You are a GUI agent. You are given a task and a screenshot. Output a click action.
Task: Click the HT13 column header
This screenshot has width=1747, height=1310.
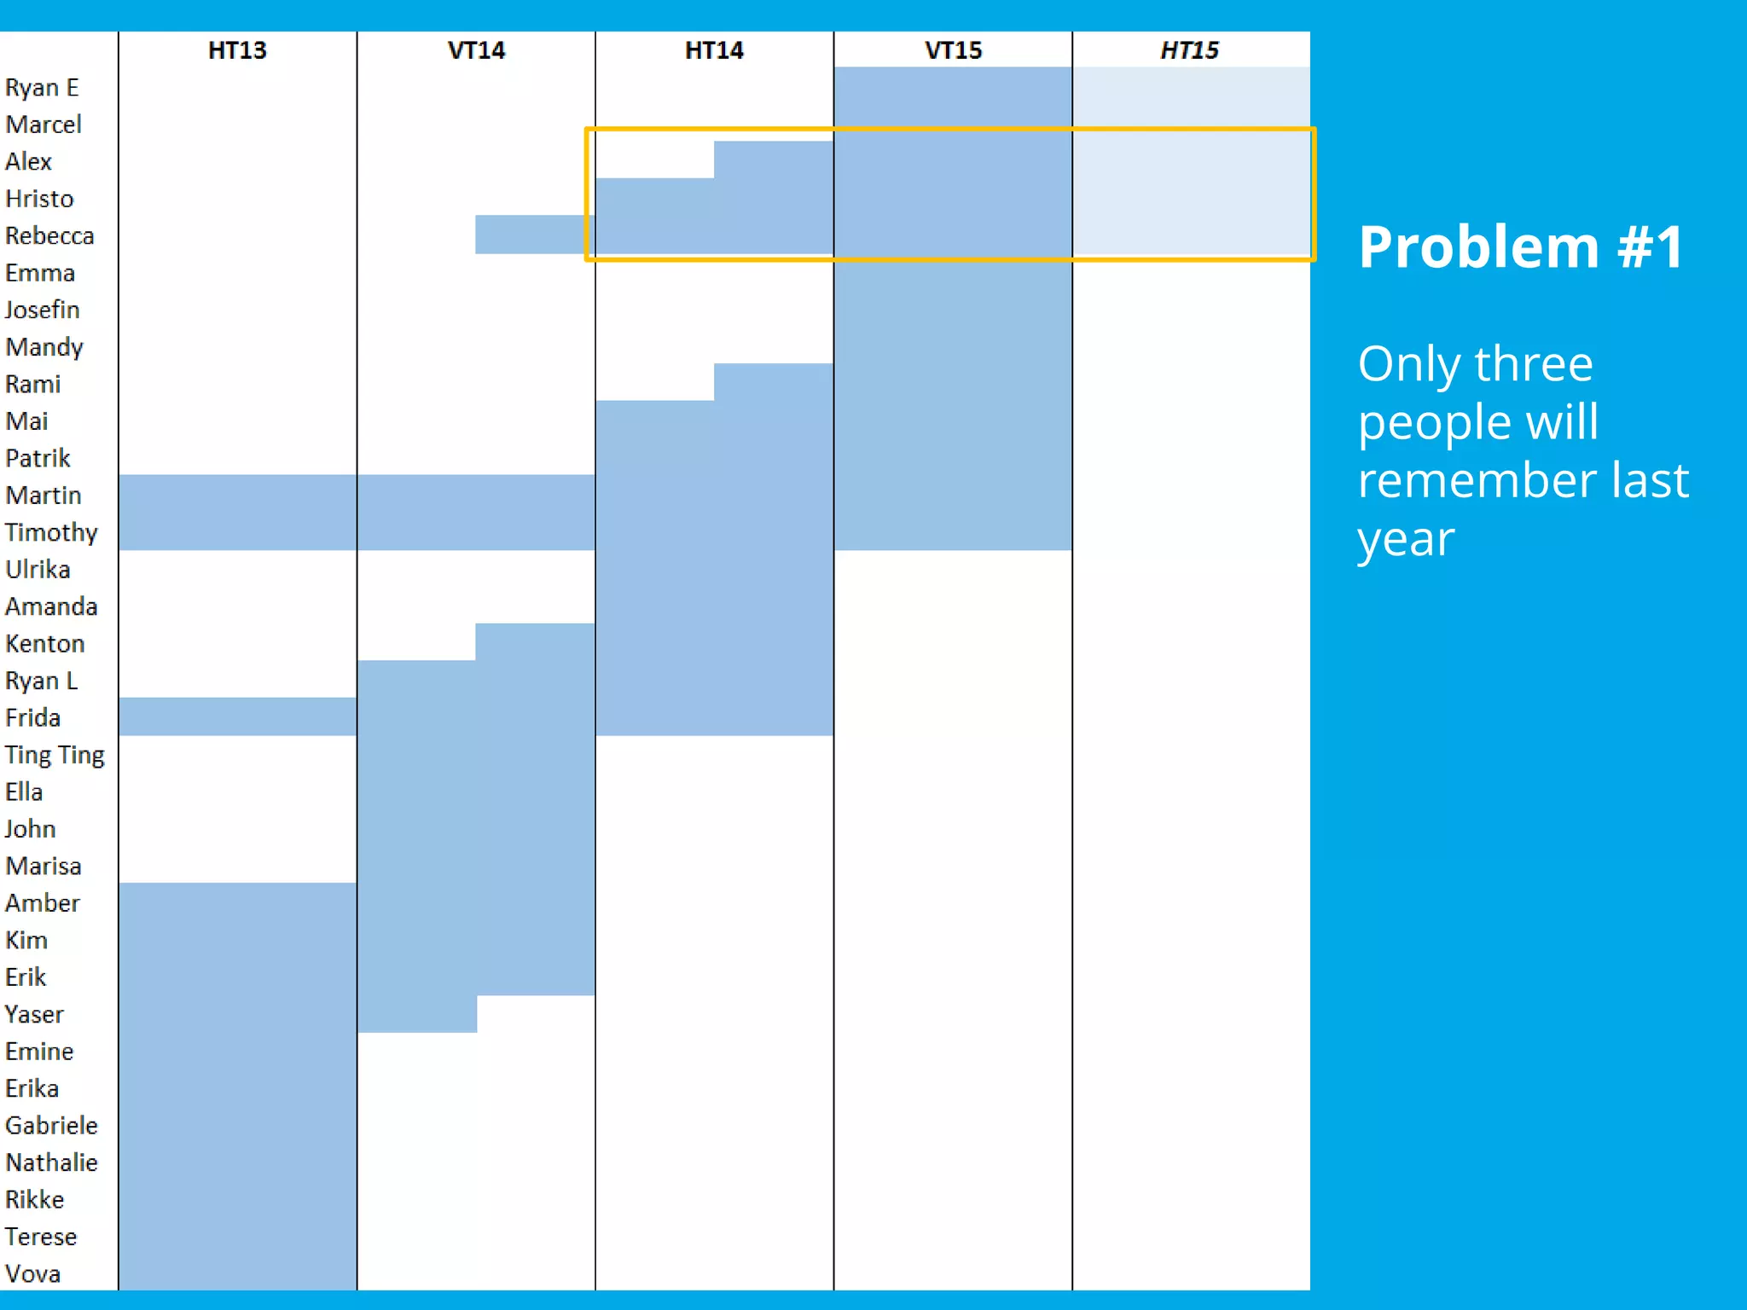[x=237, y=50]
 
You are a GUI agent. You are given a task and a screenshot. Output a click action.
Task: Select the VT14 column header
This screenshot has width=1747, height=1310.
[x=476, y=50]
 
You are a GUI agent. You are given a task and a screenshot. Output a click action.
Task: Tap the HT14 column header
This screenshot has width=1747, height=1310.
[x=714, y=50]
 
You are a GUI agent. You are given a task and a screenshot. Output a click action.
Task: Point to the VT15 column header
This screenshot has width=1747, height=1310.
[x=953, y=50]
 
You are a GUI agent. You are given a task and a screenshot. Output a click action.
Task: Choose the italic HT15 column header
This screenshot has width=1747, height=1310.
[x=1189, y=50]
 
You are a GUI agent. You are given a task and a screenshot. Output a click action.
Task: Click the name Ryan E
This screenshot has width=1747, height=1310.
[x=42, y=88]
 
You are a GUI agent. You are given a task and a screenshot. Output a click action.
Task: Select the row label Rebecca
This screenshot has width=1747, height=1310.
[x=49, y=236]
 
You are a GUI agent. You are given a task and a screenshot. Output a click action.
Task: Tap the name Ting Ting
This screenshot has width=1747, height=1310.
[x=55, y=756]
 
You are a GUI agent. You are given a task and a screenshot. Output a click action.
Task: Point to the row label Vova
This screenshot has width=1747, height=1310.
[x=33, y=1274]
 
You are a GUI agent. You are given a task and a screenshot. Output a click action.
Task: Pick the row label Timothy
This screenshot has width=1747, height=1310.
[x=51, y=533]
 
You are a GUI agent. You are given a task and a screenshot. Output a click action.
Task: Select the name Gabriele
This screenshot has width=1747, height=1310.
[x=51, y=1126]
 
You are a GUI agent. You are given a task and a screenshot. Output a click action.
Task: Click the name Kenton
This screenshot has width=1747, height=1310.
[x=45, y=644]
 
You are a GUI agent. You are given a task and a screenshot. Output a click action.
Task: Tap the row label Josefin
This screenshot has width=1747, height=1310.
[x=43, y=310]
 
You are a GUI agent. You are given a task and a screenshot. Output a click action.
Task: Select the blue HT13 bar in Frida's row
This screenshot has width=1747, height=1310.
[x=237, y=716]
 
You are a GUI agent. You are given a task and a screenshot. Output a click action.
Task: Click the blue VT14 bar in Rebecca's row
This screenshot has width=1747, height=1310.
[x=534, y=235]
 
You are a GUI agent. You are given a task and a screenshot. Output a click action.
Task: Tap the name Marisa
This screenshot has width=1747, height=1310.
[x=44, y=867]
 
